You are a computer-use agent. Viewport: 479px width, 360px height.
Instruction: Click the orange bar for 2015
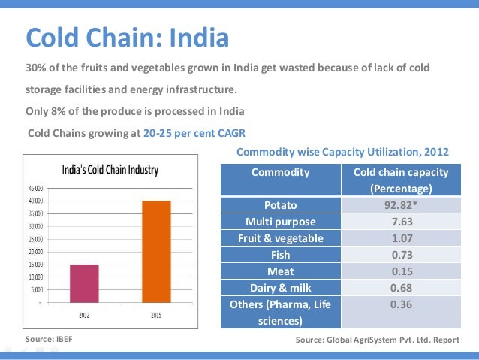(156, 251)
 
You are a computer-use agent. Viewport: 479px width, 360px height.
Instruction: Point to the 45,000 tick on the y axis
(36, 188)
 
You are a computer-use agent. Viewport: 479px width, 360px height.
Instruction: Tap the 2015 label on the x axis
(156, 316)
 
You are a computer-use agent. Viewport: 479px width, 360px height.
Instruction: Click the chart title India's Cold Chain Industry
(110, 170)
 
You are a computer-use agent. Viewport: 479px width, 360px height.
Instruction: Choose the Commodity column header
(280, 172)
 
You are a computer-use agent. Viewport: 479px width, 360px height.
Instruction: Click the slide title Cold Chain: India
(127, 35)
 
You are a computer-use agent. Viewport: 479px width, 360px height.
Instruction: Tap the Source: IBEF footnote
(50, 340)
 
